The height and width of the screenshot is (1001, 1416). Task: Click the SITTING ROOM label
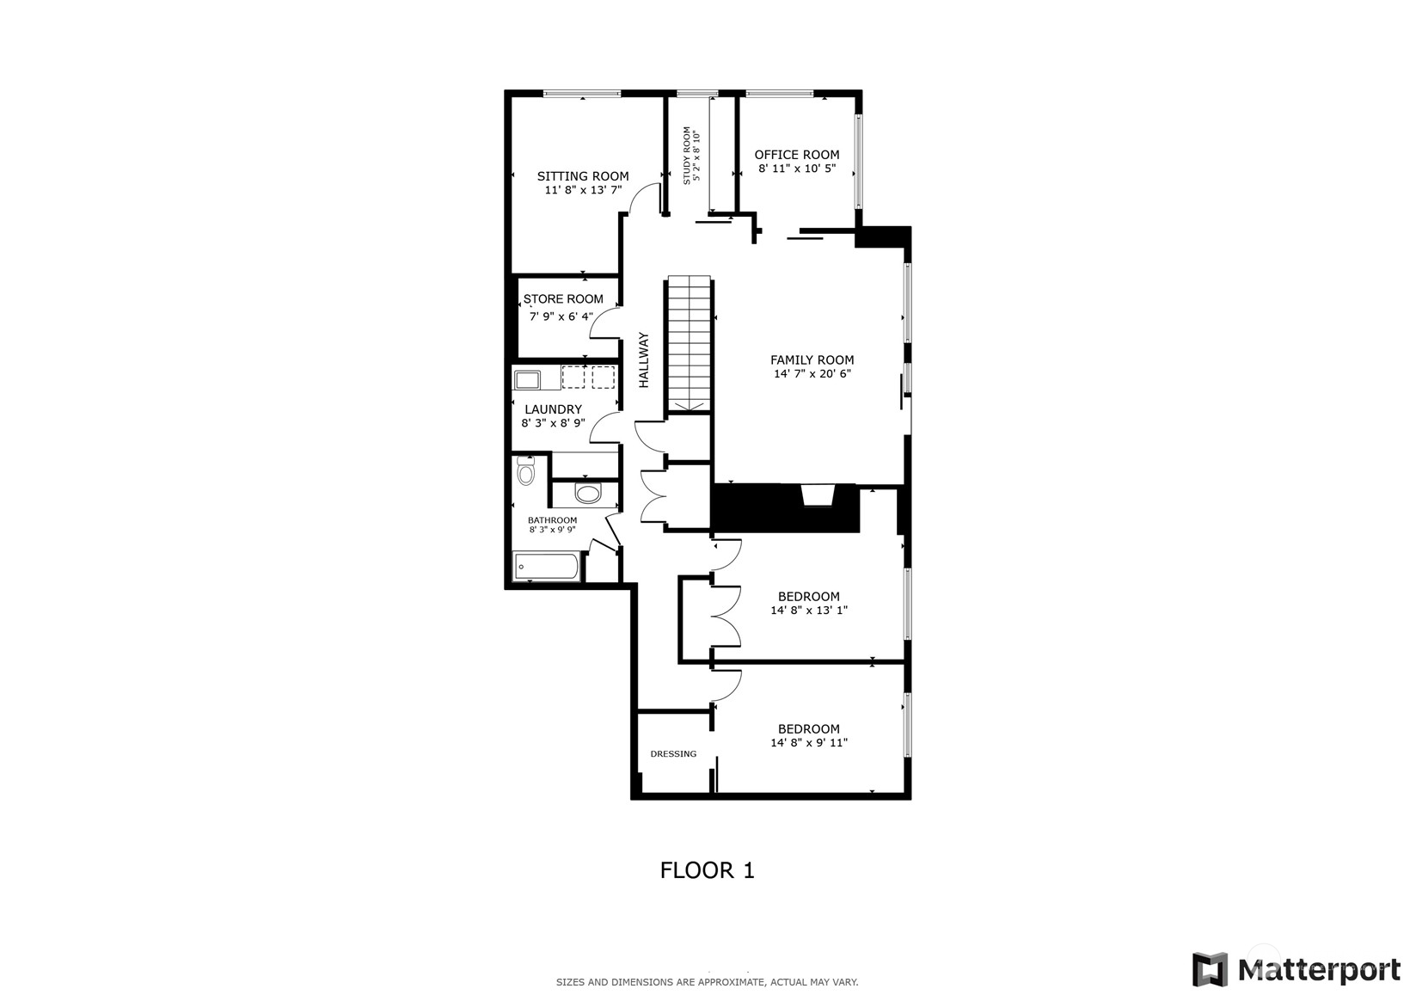point(583,176)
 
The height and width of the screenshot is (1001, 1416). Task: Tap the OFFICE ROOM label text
point(797,155)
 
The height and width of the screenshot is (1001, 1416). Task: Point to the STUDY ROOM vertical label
point(687,156)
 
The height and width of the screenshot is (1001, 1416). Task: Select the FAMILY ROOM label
point(812,359)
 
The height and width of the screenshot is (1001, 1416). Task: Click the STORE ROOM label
point(563,299)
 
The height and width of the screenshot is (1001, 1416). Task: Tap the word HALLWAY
point(644,359)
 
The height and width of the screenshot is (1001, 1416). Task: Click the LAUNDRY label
point(553,409)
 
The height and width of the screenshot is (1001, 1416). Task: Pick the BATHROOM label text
point(553,519)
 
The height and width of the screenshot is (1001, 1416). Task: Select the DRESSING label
point(673,753)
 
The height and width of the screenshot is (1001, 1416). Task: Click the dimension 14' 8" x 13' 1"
point(809,611)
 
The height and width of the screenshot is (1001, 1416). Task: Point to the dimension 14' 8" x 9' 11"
point(809,742)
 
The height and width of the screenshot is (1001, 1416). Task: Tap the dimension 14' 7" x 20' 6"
point(812,374)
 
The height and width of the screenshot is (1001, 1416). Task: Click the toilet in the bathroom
point(526,470)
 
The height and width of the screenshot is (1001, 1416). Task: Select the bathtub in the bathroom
point(546,567)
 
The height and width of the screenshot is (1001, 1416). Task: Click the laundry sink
point(527,380)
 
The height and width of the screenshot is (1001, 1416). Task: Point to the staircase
point(689,345)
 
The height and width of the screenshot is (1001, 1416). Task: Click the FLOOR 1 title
point(708,870)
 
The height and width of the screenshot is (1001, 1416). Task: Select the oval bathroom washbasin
point(588,494)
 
